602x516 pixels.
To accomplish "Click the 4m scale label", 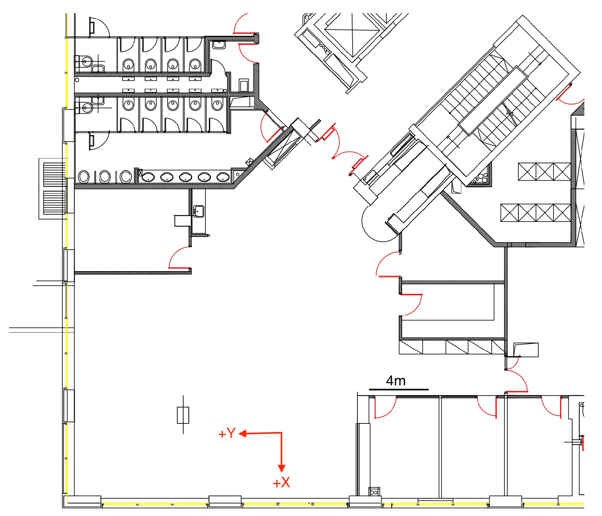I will point(396,381).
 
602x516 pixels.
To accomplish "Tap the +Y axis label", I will point(227,433).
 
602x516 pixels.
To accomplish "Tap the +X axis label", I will point(281,483).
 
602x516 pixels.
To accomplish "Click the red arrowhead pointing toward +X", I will point(281,468).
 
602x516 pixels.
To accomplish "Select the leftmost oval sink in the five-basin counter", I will point(148,177).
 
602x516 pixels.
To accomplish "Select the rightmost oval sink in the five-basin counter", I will point(223,177).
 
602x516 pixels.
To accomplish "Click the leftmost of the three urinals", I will point(84,177).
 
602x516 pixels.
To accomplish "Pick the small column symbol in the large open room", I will point(183,415).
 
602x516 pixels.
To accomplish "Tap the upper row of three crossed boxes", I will point(544,172).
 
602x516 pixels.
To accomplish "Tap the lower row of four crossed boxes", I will point(535,213).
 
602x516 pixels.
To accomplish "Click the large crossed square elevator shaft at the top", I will point(352,33).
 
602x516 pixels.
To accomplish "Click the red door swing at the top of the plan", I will point(245,24).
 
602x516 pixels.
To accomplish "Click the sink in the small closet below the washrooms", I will point(198,211).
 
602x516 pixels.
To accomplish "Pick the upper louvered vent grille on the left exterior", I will point(54,174).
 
